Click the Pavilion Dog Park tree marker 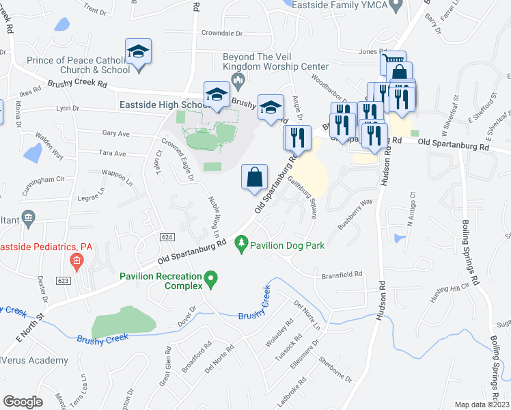(x=240, y=243)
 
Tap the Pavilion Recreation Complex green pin (x=211, y=278)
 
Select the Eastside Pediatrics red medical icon (x=77, y=260)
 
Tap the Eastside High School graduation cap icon (x=217, y=96)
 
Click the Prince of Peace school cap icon (x=138, y=52)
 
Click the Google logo (x=23, y=402)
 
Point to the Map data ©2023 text (x=482, y=405)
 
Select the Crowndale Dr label (x=222, y=33)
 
